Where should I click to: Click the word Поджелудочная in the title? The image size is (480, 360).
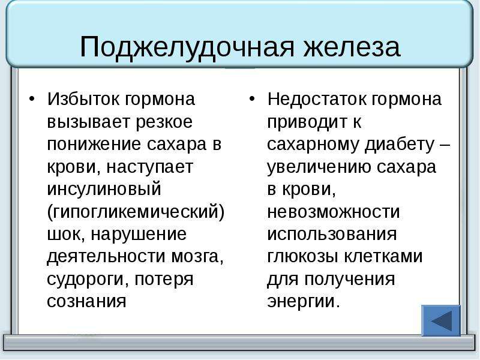pyautogui.click(x=187, y=47)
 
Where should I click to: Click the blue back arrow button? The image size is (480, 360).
pyautogui.click(x=441, y=320)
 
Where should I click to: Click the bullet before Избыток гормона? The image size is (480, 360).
pyautogui.click(x=32, y=99)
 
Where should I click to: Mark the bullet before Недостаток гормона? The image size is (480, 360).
pyautogui.click(x=251, y=99)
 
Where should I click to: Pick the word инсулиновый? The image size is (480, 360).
pyautogui.click(x=104, y=189)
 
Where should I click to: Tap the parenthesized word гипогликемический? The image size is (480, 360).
pyautogui.click(x=136, y=212)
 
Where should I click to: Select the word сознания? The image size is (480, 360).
pyautogui.click(x=86, y=301)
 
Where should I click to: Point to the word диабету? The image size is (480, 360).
pyautogui.click(x=400, y=145)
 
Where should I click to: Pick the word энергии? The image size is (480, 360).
pyautogui.click(x=304, y=302)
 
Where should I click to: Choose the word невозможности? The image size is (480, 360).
pyautogui.click(x=334, y=212)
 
